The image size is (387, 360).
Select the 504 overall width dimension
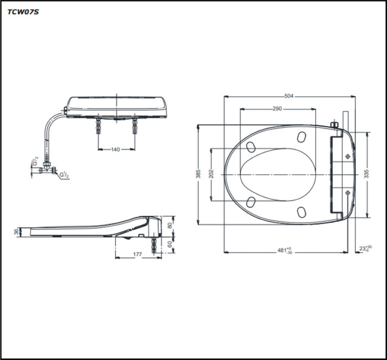pyautogui.click(x=289, y=96)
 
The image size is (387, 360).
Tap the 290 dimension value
pyautogui.click(x=277, y=109)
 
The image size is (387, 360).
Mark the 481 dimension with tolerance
pyautogui.click(x=285, y=251)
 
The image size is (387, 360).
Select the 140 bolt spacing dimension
pyautogui.click(x=116, y=149)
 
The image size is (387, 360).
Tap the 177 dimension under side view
pyautogui.click(x=137, y=255)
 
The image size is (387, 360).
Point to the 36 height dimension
pyautogui.click(x=16, y=232)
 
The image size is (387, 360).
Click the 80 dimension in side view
pyautogui.click(x=170, y=225)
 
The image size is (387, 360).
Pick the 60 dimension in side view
pyautogui.click(x=170, y=243)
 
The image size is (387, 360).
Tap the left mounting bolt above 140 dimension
pyautogui.click(x=98, y=126)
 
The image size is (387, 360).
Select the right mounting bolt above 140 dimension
pyautogui.click(x=134, y=126)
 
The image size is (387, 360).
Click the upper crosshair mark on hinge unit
pyautogui.click(x=347, y=157)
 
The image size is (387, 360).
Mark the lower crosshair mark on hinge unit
pyautogui.click(x=347, y=192)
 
